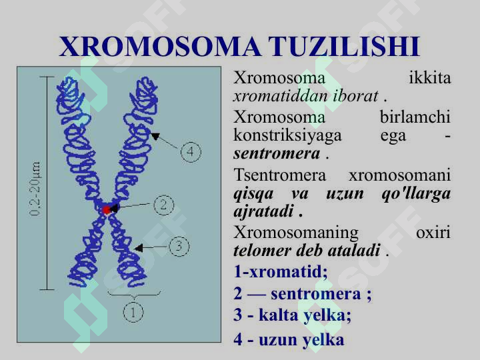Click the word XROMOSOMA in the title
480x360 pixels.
point(160,47)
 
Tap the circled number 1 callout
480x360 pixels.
point(133,312)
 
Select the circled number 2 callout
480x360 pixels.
point(164,205)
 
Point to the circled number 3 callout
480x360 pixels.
point(179,246)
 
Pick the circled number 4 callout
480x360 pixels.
point(191,152)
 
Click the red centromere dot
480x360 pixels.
point(106,210)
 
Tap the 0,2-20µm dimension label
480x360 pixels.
point(35,189)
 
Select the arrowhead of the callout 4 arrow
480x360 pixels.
point(155,136)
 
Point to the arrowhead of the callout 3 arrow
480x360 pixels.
point(139,247)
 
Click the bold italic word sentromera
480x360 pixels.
point(277,153)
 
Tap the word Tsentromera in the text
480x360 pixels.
point(280,175)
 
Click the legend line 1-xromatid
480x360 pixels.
point(281,271)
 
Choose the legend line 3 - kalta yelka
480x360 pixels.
point(292,315)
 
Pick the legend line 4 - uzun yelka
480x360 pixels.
point(289,339)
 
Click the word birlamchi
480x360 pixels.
point(415,117)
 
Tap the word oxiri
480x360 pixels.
point(433,233)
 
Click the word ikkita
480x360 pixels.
point(430,78)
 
